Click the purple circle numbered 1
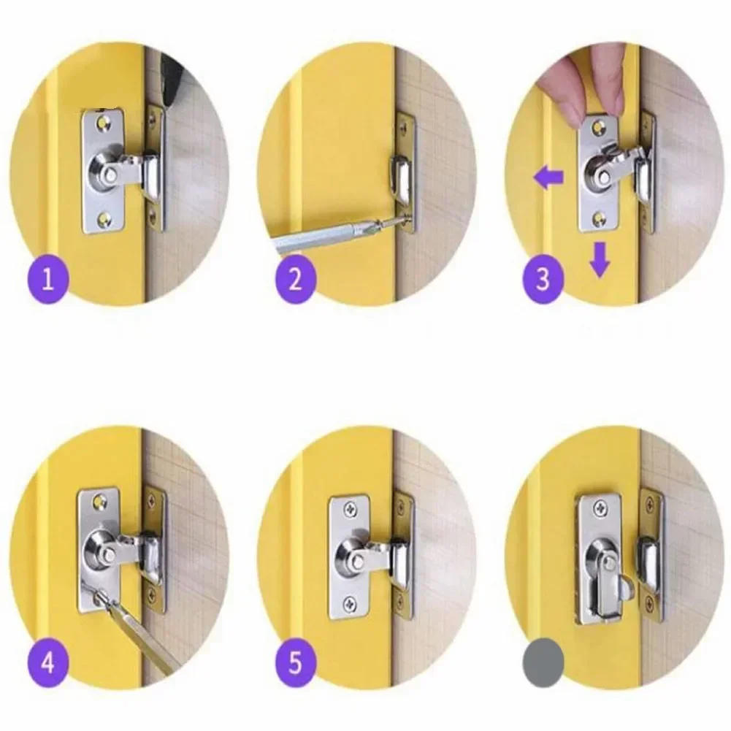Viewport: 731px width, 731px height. point(48,280)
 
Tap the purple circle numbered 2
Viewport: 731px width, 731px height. point(295,280)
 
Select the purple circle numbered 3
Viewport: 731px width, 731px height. point(542,280)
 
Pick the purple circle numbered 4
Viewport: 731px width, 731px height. point(48,663)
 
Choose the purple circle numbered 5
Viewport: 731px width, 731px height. point(295,663)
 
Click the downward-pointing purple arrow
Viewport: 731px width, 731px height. point(600,260)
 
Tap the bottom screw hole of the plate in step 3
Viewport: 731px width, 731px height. point(600,215)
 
